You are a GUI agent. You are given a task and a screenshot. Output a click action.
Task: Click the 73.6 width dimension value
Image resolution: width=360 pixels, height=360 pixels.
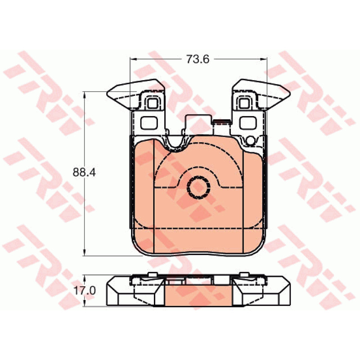(198, 59)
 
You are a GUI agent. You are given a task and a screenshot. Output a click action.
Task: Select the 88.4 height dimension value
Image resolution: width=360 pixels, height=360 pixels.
(84, 172)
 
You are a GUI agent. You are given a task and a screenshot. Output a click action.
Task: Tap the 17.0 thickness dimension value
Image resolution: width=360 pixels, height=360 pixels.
(85, 291)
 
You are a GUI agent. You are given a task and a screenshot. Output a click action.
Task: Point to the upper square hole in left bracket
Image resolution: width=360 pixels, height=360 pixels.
(152, 103)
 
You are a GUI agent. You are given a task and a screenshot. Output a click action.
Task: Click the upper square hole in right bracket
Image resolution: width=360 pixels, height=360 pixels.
(244, 103)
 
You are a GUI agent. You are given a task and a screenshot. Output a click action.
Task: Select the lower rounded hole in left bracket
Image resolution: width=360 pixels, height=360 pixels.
(149, 123)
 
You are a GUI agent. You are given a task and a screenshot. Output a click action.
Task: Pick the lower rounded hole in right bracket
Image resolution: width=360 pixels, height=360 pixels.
(248, 123)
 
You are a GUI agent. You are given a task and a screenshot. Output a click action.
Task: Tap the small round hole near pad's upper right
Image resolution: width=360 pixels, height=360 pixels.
(251, 140)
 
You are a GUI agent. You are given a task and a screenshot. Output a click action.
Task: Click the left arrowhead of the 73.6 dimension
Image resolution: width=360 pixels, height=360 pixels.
(133, 59)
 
